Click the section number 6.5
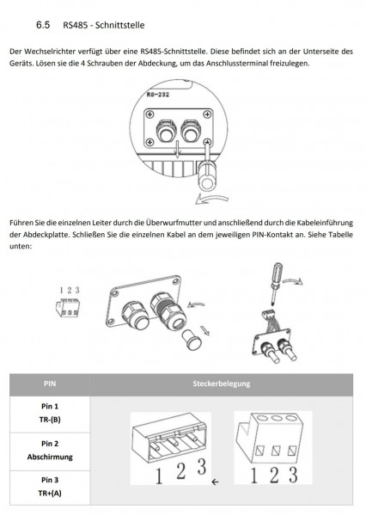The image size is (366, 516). point(43,25)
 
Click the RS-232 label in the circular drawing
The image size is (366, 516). point(158,95)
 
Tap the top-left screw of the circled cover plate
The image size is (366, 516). point(150,114)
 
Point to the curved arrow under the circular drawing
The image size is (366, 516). point(212,199)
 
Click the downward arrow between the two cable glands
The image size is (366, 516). point(178,150)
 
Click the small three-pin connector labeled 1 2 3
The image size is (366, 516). point(68,308)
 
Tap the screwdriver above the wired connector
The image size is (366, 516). point(276,283)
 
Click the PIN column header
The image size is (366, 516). point(50,384)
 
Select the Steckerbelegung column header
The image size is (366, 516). point(222,384)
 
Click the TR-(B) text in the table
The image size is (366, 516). point(50,420)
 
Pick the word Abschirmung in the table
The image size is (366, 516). point(50,457)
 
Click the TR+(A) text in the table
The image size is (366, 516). point(50,493)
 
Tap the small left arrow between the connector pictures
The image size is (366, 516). point(215,482)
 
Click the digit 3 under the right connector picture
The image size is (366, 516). point(293,475)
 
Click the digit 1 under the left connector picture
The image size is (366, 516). point(159,476)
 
